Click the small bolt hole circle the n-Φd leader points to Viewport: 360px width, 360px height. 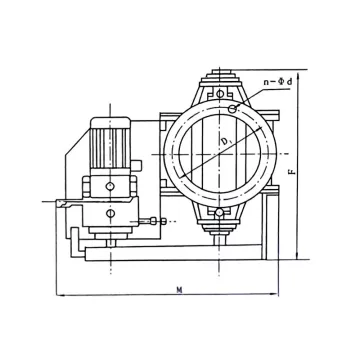coord(232,107)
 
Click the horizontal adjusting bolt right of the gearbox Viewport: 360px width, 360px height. coord(150,219)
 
